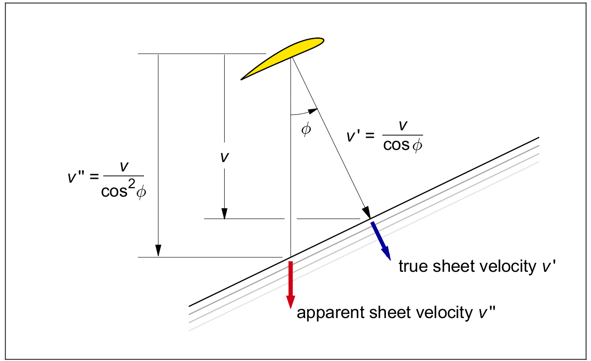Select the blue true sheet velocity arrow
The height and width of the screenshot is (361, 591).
[380, 240]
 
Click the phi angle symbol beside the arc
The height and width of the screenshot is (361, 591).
[306, 129]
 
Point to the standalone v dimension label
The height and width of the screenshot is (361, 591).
[224, 157]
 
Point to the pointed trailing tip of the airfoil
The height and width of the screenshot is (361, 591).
[242, 79]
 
